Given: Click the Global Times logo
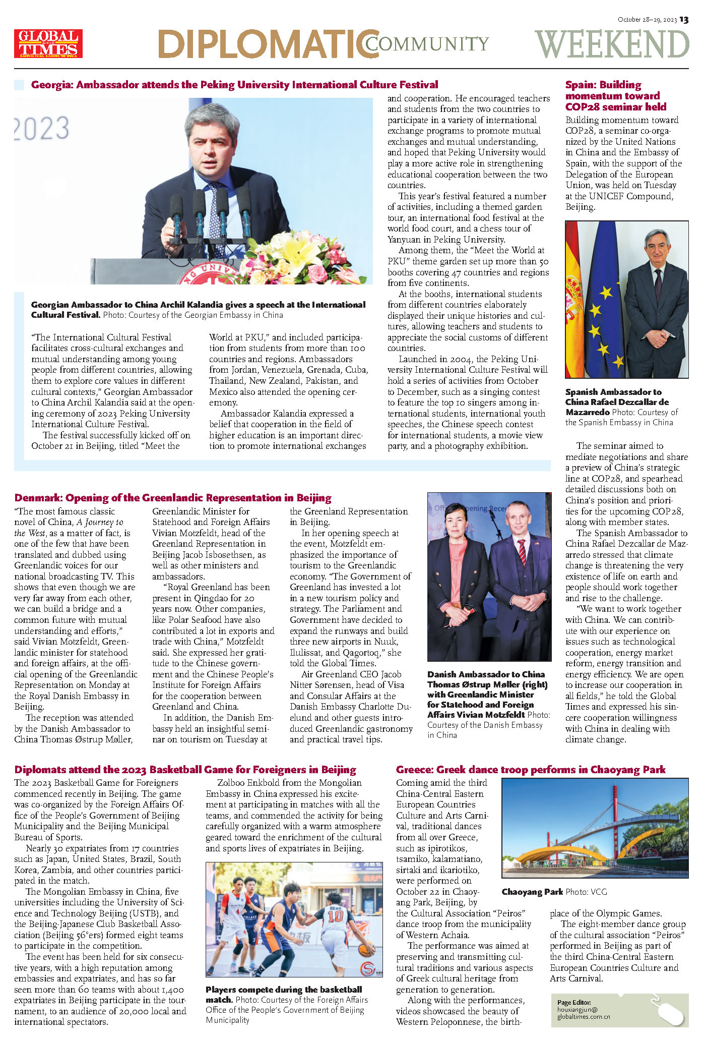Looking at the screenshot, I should [48, 43].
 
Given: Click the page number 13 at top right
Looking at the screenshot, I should [684, 20].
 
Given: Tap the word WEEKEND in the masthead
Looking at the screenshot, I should [612, 44].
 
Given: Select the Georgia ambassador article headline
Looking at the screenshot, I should [234, 85].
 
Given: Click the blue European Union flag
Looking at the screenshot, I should [603, 303].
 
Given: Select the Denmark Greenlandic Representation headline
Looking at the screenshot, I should [173, 498].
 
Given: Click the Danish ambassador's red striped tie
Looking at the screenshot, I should [522, 552].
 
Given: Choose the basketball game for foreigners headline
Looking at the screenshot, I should [185, 770].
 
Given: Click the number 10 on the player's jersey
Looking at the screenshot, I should [335, 915].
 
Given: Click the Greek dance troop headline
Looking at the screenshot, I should [530, 770].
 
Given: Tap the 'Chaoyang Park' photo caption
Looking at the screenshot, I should [532, 892].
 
